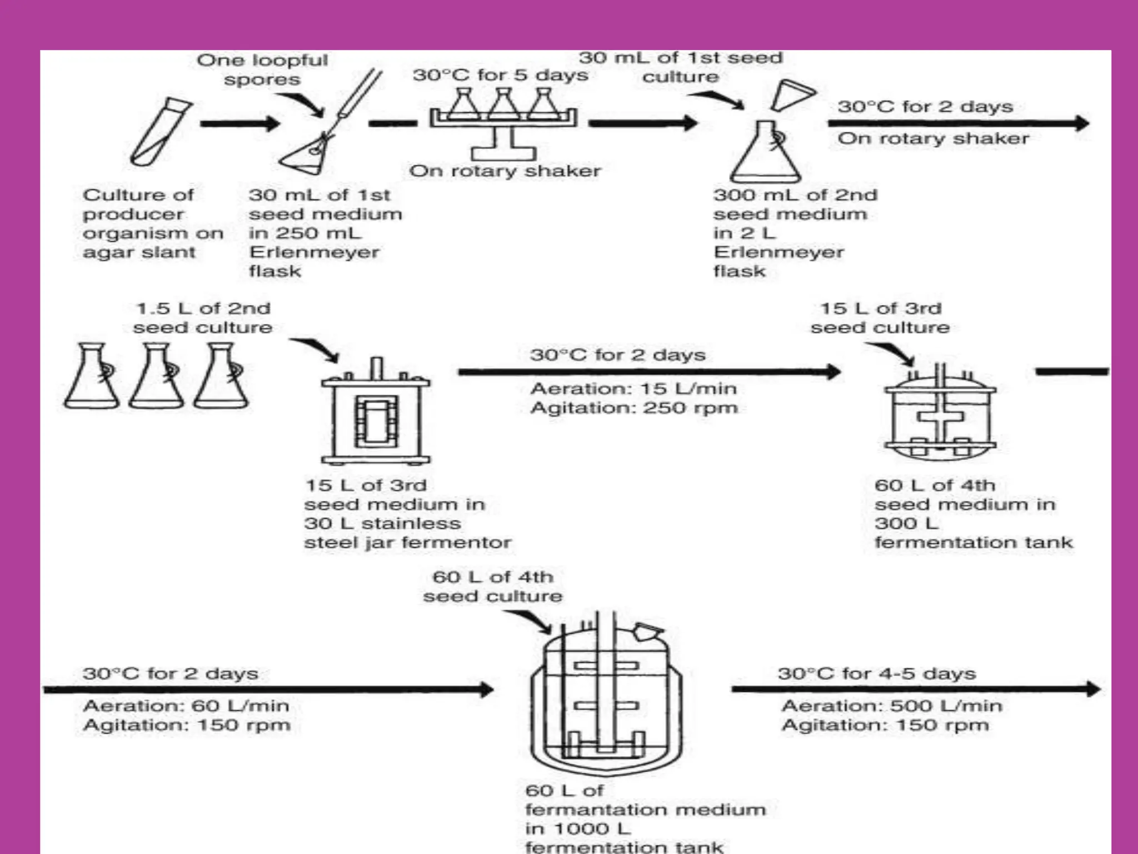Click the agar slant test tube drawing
161,132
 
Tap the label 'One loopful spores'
262,69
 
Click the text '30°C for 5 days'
500,75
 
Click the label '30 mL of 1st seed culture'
681,67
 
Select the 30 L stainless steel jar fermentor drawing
376,414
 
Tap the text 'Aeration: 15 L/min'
633,389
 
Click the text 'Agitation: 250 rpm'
634,408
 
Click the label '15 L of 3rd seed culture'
880,317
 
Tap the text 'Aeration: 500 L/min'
891,706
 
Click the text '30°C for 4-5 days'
876,674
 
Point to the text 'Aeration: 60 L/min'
186,706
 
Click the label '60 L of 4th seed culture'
493,586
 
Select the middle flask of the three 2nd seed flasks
157,378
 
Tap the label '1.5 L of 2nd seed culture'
203,317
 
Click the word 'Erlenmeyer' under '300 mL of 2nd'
778,252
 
